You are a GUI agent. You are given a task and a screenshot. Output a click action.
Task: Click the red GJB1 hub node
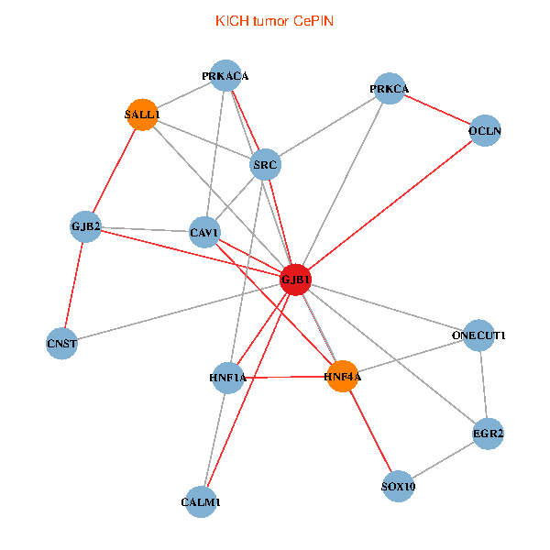coord(295,280)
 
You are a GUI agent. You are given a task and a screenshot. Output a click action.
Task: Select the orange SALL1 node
coord(142,115)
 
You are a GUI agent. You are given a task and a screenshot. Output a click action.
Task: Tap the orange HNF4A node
coord(342,376)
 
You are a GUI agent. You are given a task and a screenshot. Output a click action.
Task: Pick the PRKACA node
coord(225,75)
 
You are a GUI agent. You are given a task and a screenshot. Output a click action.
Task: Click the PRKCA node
coord(390,89)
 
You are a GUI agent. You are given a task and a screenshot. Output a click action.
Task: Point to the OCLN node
coord(485,130)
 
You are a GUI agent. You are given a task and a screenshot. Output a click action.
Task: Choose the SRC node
coord(265,164)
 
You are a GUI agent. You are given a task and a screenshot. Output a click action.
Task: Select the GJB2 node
coord(85,226)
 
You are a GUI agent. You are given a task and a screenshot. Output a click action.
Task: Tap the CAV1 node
coord(204,232)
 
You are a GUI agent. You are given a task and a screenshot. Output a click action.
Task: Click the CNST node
coord(61,344)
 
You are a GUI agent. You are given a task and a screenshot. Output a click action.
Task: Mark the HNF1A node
coord(228,378)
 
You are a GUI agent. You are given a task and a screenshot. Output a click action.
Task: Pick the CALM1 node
coord(201,502)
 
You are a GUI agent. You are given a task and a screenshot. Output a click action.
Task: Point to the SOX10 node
coord(398,486)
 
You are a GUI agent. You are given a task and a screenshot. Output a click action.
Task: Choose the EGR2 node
coord(488,434)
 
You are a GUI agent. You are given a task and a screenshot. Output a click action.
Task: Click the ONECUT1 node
coord(478,335)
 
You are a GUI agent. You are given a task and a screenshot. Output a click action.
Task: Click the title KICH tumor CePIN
coord(274,21)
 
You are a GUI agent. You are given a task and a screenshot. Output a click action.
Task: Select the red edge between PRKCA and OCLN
coord(437,110)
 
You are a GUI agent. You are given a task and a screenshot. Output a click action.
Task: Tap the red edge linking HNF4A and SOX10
coord(370,431)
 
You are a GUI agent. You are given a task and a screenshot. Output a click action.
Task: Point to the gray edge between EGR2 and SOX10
coord(443,460)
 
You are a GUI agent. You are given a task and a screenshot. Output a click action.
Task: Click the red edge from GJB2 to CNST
coord(73,285)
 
